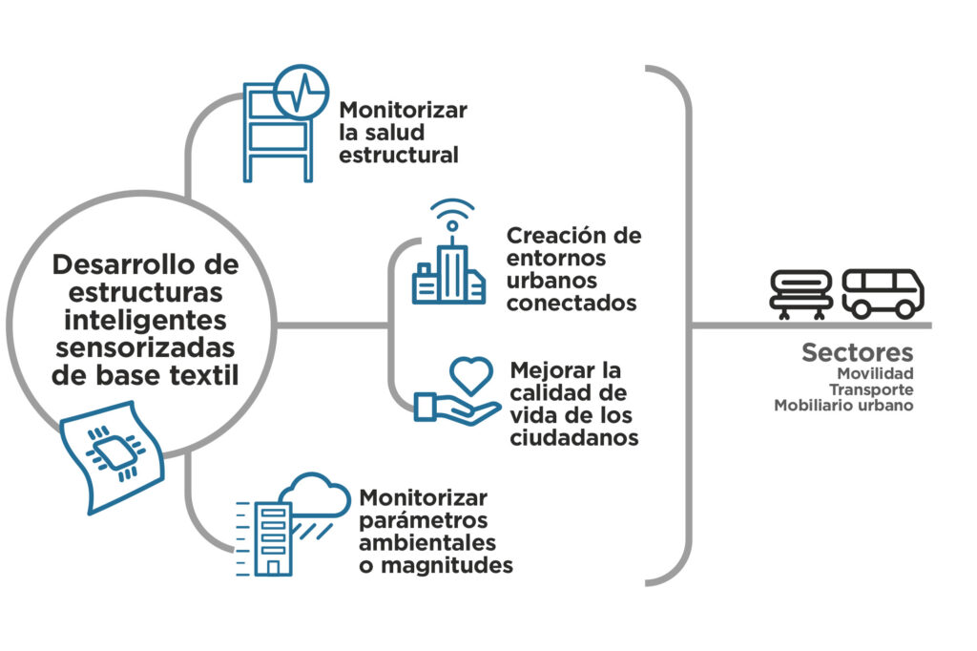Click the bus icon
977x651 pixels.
(x=883, y=294)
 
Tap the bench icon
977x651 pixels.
(x=801, y=294)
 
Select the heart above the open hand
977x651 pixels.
(x=471, y=375)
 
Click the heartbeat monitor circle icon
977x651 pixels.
(x=301, y=91)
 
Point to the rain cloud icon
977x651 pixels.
(x=316, y=496)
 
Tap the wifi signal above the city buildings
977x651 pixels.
(x=452, y=213)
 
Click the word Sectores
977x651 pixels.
(x=857, y=352)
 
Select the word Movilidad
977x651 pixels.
(x=875, y=373)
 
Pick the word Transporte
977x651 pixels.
(x=871, y=389)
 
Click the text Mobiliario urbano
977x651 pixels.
(x=843, y=406)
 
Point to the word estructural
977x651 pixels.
(x=399, y=155)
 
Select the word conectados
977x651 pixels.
(x=572, y=303)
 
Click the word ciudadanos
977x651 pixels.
(x=573, y=438)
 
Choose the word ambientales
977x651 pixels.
(x=427, y=542)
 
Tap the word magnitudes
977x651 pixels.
(x=447, y=565)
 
